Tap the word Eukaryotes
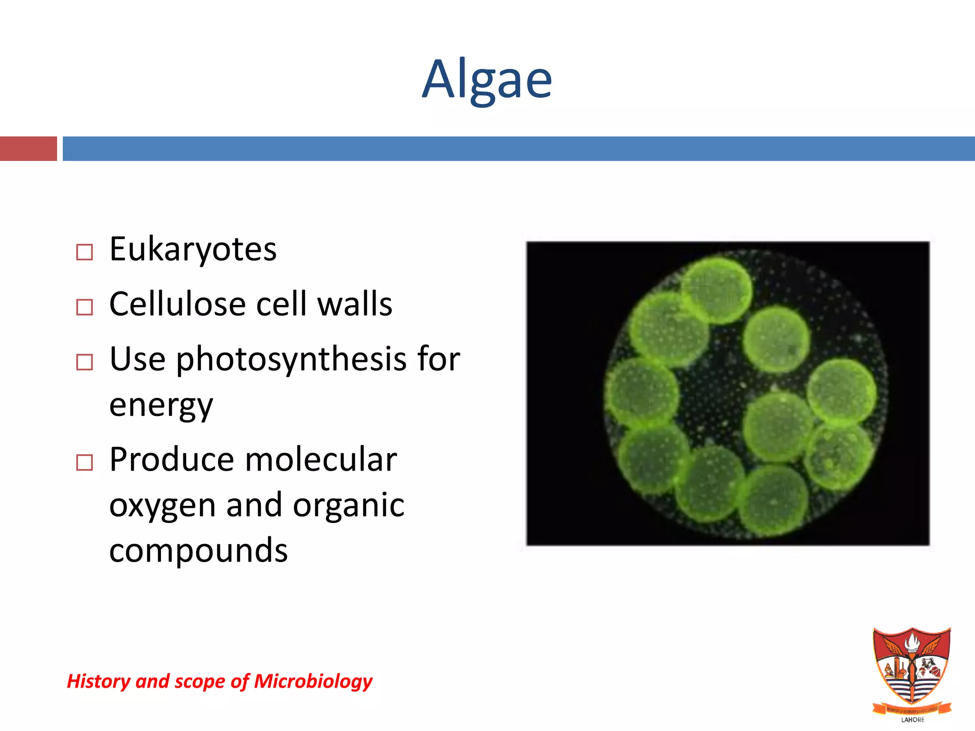(x=193, y=249)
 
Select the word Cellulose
(x=177, y=304)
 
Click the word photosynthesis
(x=291, y=359)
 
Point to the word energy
(x=161, y=405)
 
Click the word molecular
(x=321, y=460)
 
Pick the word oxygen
(x=162, y=506)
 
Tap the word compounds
(x=198, y=551)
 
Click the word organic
(x=348, y=505)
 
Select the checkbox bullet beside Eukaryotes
(x=84, y=252)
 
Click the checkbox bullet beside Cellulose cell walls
(x=84, y=307)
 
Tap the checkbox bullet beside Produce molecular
(x=84, y=463)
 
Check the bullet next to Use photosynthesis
(x=84, y=362)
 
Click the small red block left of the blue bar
(x=28, y=148)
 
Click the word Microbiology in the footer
(x=313, y=681)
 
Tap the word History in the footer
(x=99, y=681)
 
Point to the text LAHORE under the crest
(x=913, y=720)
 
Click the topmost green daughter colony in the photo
(x=716, y=289)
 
